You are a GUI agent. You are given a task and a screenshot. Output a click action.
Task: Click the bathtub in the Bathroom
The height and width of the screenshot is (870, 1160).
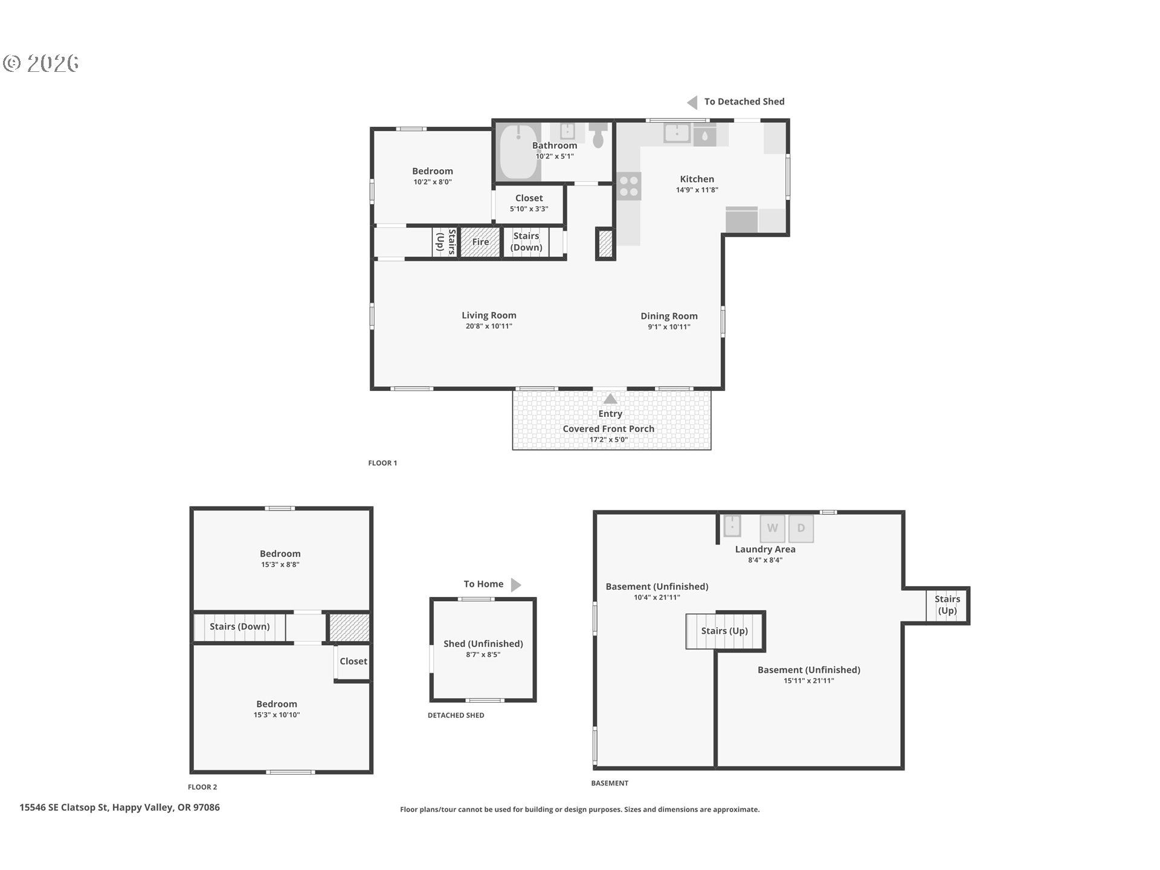[518, 152]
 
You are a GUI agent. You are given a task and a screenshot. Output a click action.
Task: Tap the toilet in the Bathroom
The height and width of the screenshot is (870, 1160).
[599, 136]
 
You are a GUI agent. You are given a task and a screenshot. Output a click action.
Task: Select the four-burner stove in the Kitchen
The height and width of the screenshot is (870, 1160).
[629, 185]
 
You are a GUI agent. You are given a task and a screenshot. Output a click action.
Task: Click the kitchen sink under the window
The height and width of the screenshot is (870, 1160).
[677, 133]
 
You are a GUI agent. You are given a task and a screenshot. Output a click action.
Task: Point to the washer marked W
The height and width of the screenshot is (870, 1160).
[772, 528]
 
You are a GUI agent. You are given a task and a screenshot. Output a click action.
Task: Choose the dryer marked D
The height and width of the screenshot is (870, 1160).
[801, 528]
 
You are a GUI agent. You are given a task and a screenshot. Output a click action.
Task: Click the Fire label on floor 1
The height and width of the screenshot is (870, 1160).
[480, 242]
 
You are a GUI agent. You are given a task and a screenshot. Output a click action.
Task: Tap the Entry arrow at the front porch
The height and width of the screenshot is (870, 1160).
[610, 399]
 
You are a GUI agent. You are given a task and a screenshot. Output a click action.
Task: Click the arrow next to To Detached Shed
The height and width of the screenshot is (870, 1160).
[692, 103]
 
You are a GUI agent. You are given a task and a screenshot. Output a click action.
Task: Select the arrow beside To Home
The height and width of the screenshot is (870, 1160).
[516, 585]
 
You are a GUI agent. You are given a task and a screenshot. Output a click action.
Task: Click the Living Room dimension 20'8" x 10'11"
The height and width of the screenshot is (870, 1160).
[489, 326]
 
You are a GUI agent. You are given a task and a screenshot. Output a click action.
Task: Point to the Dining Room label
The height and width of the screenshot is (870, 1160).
[669, 316]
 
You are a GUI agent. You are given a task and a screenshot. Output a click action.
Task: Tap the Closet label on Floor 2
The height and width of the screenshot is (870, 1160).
[353, 661]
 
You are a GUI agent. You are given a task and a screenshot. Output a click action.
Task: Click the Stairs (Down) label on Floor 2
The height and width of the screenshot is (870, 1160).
[239, 627]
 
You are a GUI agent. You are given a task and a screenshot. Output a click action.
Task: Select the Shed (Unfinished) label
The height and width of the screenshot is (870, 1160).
[483, 643]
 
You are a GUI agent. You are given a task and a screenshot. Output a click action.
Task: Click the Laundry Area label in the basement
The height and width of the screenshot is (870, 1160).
[765, 549]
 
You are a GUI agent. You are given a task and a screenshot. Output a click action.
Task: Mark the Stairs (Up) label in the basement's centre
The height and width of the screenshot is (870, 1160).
[724, 631]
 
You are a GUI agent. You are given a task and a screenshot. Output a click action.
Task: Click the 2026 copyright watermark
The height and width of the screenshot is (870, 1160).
[41, 63]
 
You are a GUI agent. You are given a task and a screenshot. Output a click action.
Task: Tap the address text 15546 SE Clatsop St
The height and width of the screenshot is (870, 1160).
[63, 807]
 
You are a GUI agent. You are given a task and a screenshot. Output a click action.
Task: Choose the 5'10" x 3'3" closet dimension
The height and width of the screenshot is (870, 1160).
[529, 209]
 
